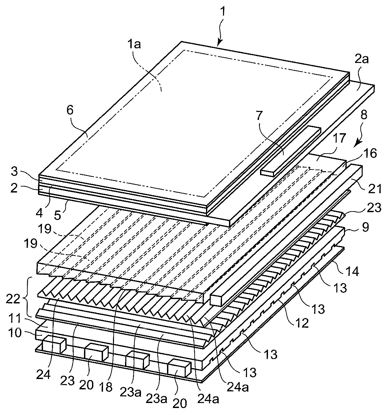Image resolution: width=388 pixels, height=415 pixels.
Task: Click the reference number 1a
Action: tap(134, 45)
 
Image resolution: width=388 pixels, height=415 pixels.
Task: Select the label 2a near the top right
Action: tap(361, 60)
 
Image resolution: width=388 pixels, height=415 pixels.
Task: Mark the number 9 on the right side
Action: tap(365, 227)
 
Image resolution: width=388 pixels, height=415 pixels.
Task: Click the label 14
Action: tap(353, 271)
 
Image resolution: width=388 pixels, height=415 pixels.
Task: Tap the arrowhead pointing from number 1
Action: tap(218, 43)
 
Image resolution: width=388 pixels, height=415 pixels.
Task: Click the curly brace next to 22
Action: tap(28, 299)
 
